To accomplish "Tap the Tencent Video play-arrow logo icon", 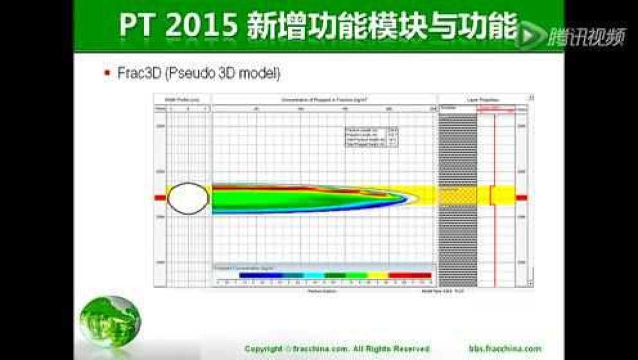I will click(531, 36).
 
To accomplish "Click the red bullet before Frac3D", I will click(107, 73).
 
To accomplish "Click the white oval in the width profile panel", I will click(188, 198).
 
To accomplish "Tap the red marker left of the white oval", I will click(160, 198).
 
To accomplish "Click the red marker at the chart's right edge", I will click(521, 198).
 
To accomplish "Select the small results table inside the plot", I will click(371, 137).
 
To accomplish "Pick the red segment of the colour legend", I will click(409, 275).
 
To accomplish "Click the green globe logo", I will click(110, 321).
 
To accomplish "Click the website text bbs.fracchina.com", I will click(505, 348).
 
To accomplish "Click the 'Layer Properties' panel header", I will click(483, 100).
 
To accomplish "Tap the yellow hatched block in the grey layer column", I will click(457, 195).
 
